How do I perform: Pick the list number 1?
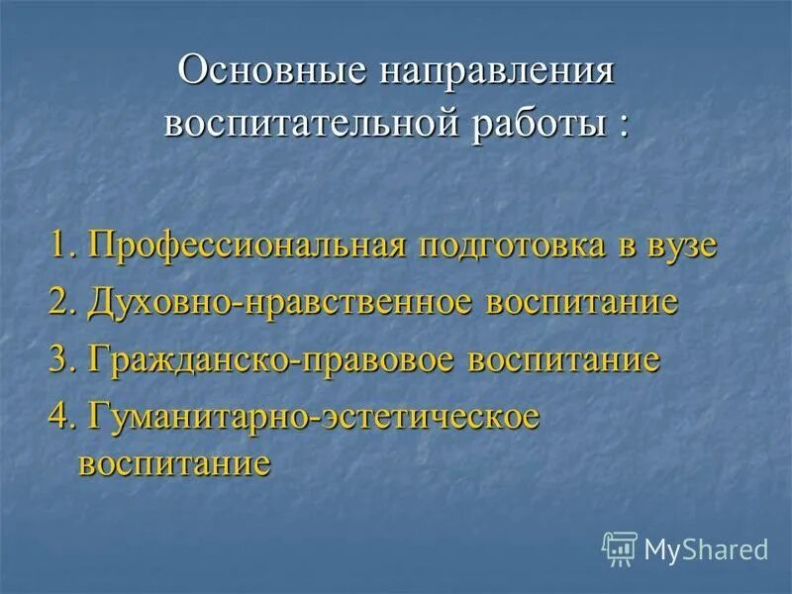pyautogui.click(x=61, y=246)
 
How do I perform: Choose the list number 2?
pyautogui.click(x=61, y=302)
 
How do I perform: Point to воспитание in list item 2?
pyautogui.click(x=582, y=302)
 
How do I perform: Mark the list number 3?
pyautogui.click(x=61, y=358)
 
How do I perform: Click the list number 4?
pyautogui.click(x=61, y=415)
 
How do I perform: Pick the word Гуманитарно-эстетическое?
pyautogui.click(x=314, y=415)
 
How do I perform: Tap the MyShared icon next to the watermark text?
pyautogui.click(x=620, y=548)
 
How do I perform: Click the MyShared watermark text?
pyautogui.click(x=706, y=548)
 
